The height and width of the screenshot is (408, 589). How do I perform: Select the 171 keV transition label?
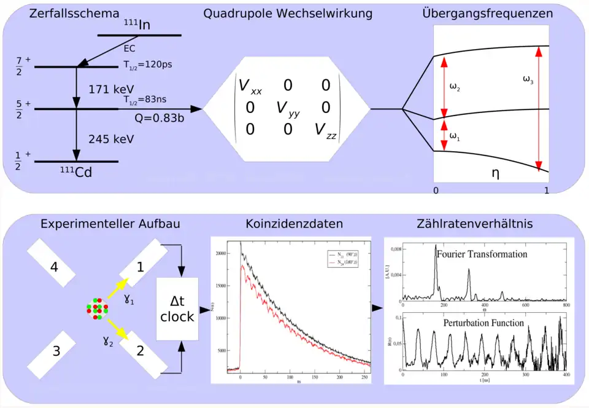[111, 89]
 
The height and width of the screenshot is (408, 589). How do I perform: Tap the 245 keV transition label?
[111, 138]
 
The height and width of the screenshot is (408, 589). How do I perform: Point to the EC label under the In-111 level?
[129, 47]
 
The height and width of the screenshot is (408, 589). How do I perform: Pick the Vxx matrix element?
[249, 87]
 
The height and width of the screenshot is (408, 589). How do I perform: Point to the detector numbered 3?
[56, 351]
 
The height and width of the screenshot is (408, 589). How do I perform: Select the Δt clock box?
[177, 308]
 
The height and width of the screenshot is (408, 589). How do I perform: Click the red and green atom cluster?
[97, 308]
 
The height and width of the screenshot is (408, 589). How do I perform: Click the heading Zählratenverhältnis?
[475, 224]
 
